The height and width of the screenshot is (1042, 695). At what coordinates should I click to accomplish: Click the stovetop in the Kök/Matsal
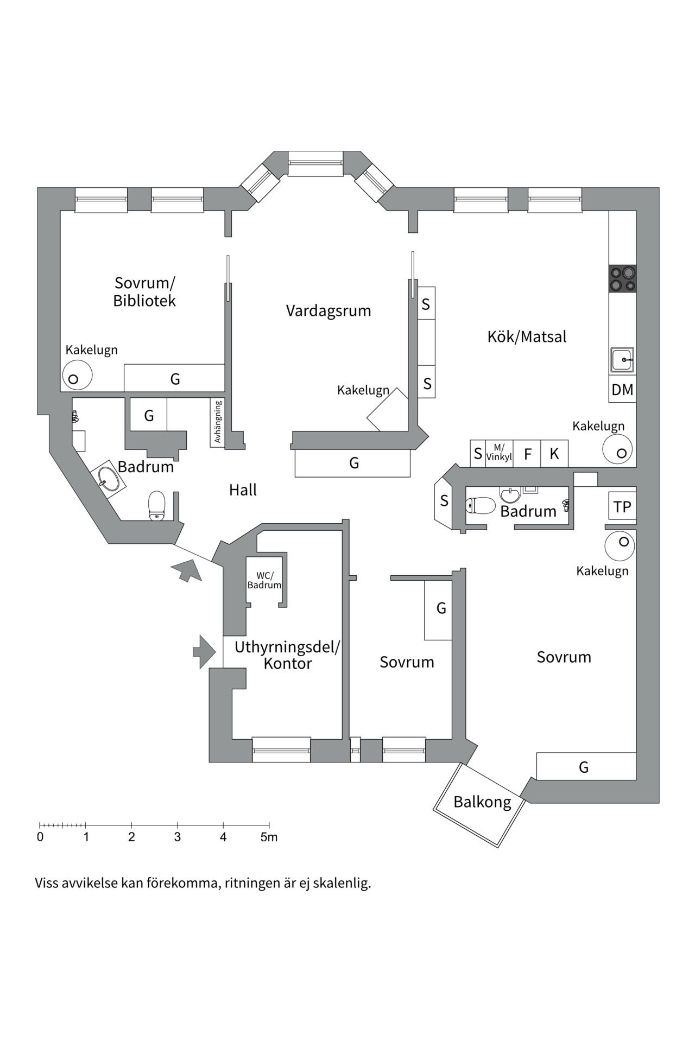[x=622, y=279]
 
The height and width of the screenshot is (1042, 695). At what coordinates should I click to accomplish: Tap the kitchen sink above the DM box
[x=622, y=359]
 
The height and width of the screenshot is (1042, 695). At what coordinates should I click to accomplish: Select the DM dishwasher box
[x=622, y=390]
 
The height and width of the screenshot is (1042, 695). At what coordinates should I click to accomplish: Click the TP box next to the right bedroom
[x=622, y=506]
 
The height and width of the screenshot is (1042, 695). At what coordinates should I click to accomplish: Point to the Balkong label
[x=482, y=802]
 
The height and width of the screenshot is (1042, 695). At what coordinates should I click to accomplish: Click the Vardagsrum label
[x=328, y=311]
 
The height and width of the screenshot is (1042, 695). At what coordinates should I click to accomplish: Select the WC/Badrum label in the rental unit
[x=264, y=580]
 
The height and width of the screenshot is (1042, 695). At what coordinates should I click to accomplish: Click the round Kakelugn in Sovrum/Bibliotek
[x=77, y=376]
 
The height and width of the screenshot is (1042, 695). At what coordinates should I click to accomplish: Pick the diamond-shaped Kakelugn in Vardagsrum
[x=387, y=410]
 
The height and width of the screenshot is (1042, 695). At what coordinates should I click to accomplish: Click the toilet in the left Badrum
[x=157, y=505]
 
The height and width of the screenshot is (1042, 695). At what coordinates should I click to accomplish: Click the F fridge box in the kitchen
[x=527, y=454]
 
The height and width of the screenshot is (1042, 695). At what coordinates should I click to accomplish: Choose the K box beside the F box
[x=554, y=454]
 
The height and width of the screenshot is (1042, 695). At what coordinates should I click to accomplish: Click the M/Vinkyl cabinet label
[x=499, y=453]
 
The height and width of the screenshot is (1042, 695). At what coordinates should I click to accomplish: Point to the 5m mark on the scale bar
[x=269, y=837]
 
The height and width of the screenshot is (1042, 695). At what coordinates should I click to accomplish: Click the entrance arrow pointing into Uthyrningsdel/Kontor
[x=204, y=651]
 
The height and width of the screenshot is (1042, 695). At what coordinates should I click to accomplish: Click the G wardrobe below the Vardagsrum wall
[x=353, y=463]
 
